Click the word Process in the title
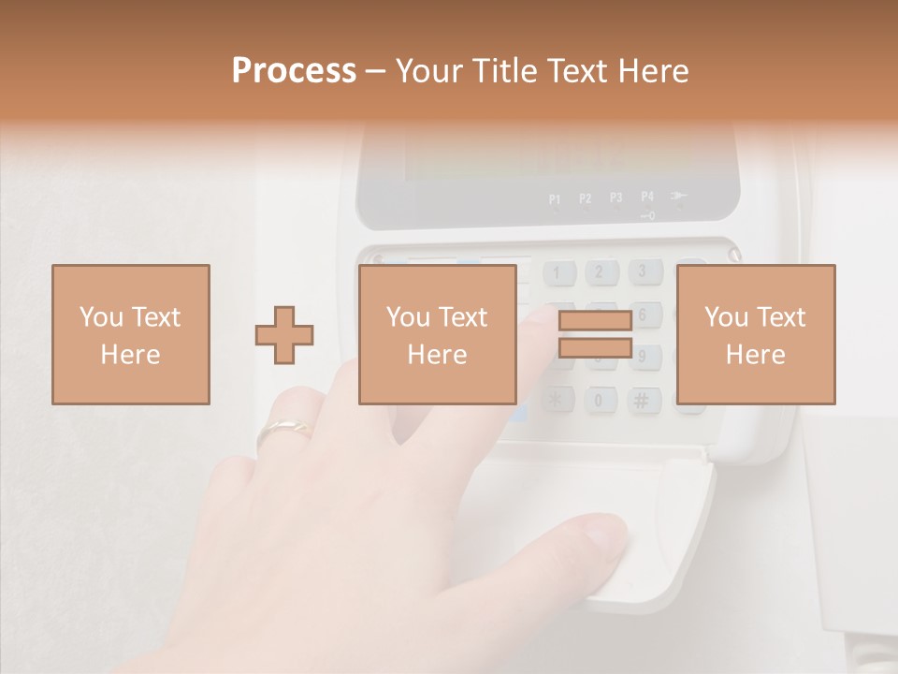pos(294,71)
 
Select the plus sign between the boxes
pos(284,335)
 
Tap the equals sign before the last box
pos(595,334)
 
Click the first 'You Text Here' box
pos(131,334)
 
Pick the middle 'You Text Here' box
pos(438,334)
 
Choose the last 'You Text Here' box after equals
pos(756,334)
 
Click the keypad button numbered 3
pos(643,272)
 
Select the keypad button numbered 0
pos(600,401)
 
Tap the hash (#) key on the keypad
pos(642,400)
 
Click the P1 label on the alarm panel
pos(555,198)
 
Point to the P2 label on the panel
pos(586,198)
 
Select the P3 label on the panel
pos(616,198)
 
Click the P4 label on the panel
pos(647,197)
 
